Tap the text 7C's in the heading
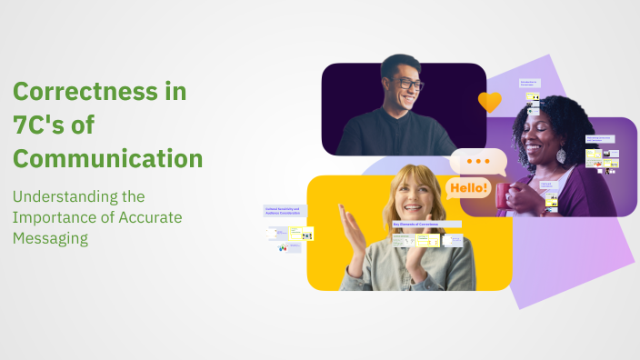pyautogui.click(x=39, y=125)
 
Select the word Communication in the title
pyautogui.click(x=107, y=158)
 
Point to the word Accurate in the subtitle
pyautogui.click(x=152, y=216)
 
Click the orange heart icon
pyautogui.click(x=489, y=101)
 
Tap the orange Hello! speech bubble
pyautogui.click(x=467, y=189)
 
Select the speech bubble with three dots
pyautogui.click(x=478, y=161)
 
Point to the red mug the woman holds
pyautogui.click(x=507, y=195)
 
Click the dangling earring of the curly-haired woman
pyautogui.click(x=561, y=155)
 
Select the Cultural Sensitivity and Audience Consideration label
pyautogui.click(x=285, y=211)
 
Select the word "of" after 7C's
pyautogui.click(x=82, y=125)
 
